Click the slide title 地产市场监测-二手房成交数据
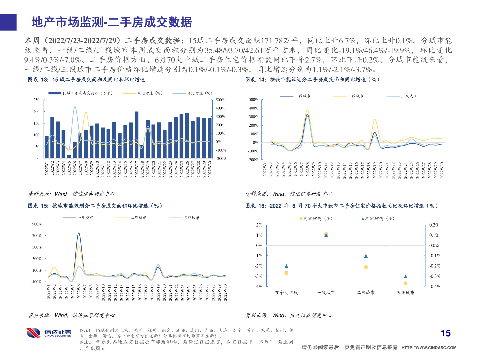click(x=112, y=22)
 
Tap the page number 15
click(x=445, y=333)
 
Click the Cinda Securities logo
click(x=49, y=333)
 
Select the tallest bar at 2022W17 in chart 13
click(x=136, y=135)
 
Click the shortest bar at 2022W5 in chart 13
click(x=69, y=157)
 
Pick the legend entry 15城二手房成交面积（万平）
click(x=81, y=93)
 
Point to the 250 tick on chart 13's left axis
click(x=36, y=100)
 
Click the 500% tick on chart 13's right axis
click(x=220, y=100)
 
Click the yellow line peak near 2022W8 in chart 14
click(x=307, y=110)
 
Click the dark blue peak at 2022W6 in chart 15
click(x=79, y=233)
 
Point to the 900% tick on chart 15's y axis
click(x=37, y=224)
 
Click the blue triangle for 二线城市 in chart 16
click(x=366, y=256)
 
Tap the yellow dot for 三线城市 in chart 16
click(x=405, y=283)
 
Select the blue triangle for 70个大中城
click(x=286, y=266)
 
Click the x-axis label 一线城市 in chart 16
click(x=326, y=293)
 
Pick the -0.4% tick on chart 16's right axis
click(x=434, y=286)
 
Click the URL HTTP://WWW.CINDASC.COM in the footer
click(x=429, y=348)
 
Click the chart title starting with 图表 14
click(x=312, y=80)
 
